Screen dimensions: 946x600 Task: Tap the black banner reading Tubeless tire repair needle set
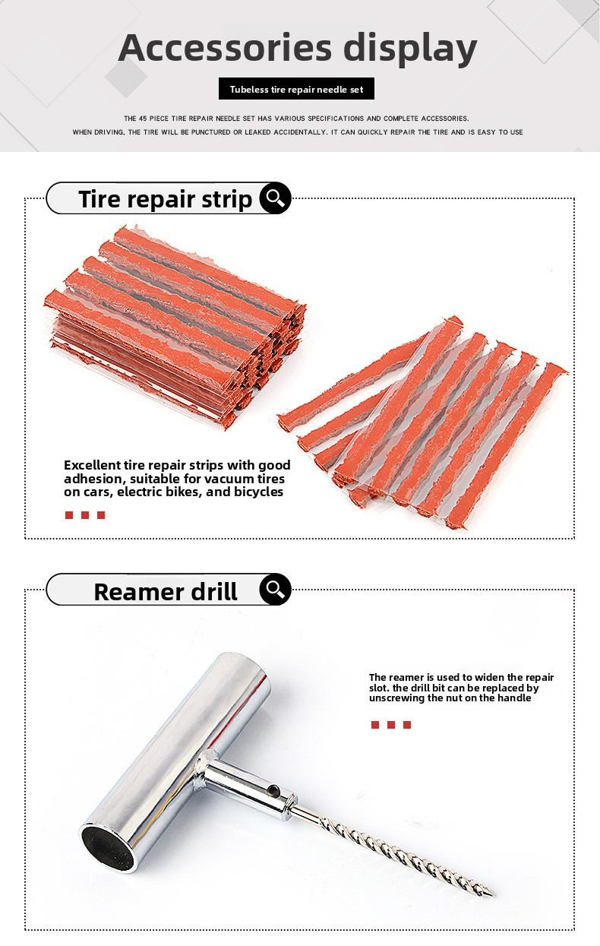[296, 89]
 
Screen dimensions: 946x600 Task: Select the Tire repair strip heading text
[165, 199]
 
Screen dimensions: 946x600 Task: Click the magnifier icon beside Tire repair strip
[275, 198]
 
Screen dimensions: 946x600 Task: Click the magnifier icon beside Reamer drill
[275, 589]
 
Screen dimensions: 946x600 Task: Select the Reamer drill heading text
[166, 591]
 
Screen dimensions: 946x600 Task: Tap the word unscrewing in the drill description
[398, 698]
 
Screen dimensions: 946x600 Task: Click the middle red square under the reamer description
[391, 725]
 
